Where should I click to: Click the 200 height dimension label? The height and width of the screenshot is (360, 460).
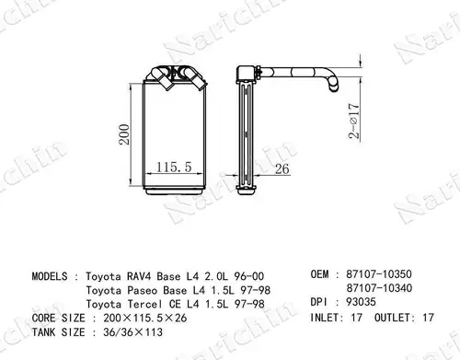(x=124, y=134)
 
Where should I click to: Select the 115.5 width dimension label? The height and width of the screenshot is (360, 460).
(x=174, y=167)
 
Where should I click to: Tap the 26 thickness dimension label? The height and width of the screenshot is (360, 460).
(x=282, y=168)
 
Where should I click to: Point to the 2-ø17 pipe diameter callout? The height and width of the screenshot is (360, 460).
(x=353, y=121)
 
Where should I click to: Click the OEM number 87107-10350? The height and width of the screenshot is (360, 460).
(x=379, y=273)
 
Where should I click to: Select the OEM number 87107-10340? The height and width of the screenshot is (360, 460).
(x=379, y=288)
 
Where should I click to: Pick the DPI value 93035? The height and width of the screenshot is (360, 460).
(x=361, y=302)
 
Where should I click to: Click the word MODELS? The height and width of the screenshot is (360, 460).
(x=50, y=276)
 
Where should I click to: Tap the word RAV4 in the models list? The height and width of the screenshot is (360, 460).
(x=139, y=276)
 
